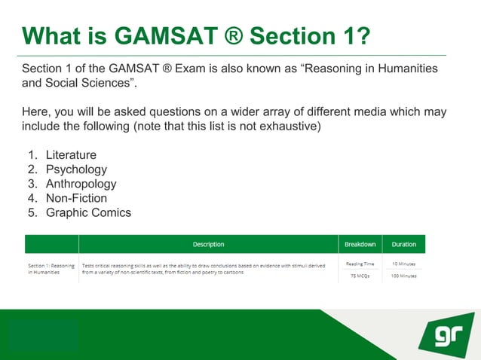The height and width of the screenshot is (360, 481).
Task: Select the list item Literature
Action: (x=71, y=155)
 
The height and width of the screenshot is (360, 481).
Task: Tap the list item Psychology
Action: (x=76, y=169)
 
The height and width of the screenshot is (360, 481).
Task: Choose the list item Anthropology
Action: (x=81, y=184)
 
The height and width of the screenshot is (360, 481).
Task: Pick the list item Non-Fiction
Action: (x=76, y=198)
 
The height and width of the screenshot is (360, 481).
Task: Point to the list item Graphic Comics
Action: (x=88, y=212)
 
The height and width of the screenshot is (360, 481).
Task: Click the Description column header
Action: (x=208, y=244)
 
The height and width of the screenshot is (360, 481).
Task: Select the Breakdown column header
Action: (x=360, y=244)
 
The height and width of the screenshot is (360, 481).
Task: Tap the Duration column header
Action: (x=404, y=244)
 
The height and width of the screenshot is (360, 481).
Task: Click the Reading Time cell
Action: (x=360, y=264)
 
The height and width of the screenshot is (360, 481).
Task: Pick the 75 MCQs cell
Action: (x=360, y=276)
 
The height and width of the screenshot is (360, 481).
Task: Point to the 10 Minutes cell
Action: (x=404, y=264)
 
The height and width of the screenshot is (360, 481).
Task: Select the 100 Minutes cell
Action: (x=404, y=276)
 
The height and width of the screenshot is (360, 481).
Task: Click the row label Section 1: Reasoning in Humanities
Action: (x=51, y=268)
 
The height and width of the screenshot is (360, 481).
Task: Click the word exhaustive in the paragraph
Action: (x=292, y=126)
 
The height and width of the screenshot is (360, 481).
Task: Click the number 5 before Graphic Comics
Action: (x=32, y=212)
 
